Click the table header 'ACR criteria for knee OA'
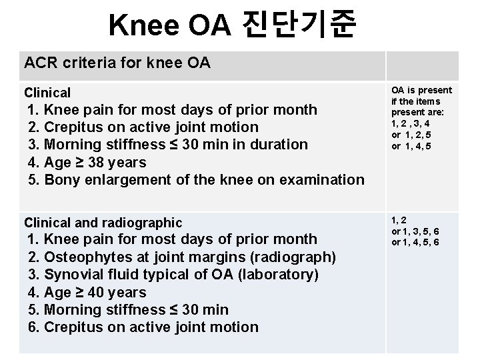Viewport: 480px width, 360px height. pos(117,63)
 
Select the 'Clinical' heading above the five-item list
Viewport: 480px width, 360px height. pos(47,93)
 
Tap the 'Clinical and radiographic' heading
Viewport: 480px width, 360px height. pos(103,222)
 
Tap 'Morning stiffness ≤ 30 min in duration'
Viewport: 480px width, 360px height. pos(167,144)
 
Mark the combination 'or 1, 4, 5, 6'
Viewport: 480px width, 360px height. pos(415,243)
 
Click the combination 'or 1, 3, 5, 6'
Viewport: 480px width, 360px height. pos(415,231)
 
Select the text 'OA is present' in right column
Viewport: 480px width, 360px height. pos(421,90)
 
